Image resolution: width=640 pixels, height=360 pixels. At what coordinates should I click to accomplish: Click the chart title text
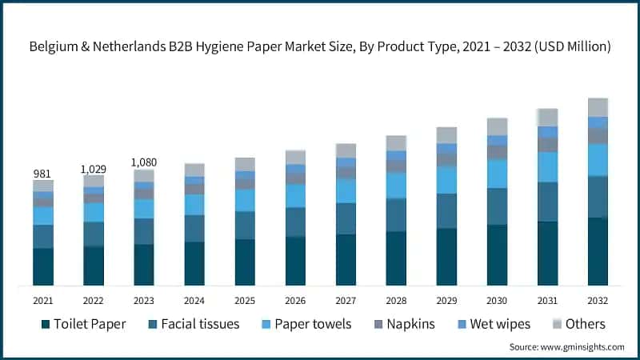(x=320, y=47)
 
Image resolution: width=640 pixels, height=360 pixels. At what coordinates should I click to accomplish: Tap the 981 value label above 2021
(x=43, y=174)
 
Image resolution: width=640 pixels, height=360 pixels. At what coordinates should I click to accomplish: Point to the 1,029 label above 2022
(x=94, y=169)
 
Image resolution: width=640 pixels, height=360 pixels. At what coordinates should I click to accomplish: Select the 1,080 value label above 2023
(x=144, y=162)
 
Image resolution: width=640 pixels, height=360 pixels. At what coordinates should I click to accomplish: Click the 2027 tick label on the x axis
(x=346, y=301)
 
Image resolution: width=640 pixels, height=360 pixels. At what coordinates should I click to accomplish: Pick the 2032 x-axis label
(x=598, y=301)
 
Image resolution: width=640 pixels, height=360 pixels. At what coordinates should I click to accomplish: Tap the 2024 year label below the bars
(x=194, y=301)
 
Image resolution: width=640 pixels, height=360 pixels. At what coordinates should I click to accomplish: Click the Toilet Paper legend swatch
(x=46, y=324)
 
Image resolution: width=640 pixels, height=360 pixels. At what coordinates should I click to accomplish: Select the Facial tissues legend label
(x=200, y=324)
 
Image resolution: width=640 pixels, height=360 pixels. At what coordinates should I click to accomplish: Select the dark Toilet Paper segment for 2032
(x=598, y=251)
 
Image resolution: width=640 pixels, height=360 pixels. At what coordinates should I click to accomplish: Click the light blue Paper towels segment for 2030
(x=497, y=173)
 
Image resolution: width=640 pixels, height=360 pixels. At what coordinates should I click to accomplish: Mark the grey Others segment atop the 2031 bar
(x=547, y=117)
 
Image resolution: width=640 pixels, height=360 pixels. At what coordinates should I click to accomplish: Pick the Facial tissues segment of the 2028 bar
(x=396, y=214)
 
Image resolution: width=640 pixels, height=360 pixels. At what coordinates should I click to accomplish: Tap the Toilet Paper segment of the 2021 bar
(x=43, y=266)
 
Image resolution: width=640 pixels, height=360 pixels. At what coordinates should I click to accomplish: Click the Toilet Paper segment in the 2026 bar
(x=295, y=261)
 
